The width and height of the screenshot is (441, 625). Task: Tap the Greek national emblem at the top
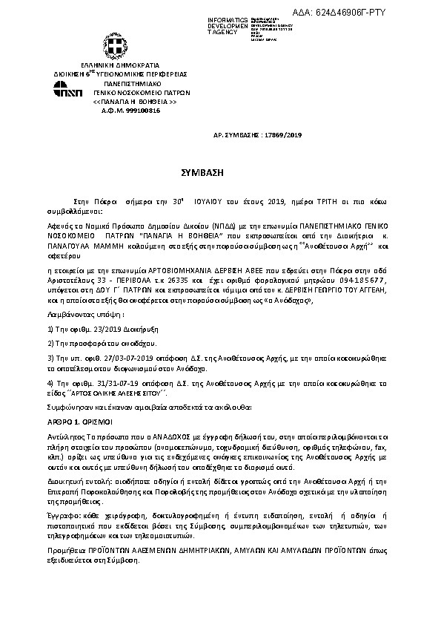[116, 50]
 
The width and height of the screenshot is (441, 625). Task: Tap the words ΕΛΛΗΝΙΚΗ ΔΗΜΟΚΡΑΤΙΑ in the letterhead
[117, 67]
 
